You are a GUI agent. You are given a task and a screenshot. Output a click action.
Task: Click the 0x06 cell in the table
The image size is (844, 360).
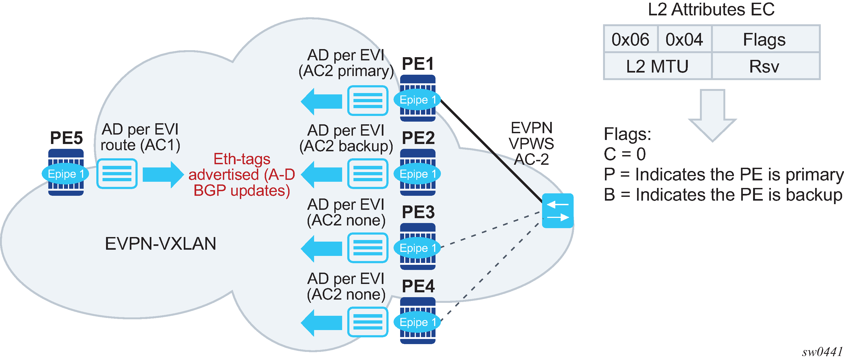click(630, 39)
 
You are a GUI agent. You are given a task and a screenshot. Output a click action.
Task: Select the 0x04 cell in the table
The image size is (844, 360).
click(684, 39)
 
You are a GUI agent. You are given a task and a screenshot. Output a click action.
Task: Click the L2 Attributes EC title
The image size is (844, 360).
click(711, 9)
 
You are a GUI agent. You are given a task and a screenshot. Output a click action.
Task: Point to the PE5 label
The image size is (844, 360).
click(66, 138)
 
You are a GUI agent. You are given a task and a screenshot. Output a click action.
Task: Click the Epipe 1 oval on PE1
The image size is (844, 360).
click(417, 100)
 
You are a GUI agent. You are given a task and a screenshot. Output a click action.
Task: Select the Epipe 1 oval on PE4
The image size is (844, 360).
click(417, 322)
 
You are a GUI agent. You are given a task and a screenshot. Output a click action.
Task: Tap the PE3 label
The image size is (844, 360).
click(418, 212)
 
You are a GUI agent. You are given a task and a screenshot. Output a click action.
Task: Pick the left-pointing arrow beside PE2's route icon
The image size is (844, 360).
click(321, 174)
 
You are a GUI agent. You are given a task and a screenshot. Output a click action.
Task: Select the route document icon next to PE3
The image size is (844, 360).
click(367, 248)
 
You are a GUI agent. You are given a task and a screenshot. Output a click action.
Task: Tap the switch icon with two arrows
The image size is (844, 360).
click(558, 211)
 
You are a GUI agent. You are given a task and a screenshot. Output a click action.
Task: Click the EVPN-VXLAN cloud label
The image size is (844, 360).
click(161, 244)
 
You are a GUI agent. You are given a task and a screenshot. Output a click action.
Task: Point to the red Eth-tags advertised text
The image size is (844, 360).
click(242, 174)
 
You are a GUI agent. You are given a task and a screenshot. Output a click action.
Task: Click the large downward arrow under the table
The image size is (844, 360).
click(712, 115)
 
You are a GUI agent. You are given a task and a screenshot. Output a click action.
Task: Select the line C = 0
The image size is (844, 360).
click(624, 154)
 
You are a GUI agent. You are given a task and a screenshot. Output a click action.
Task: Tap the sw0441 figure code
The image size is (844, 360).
click(822, 352)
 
